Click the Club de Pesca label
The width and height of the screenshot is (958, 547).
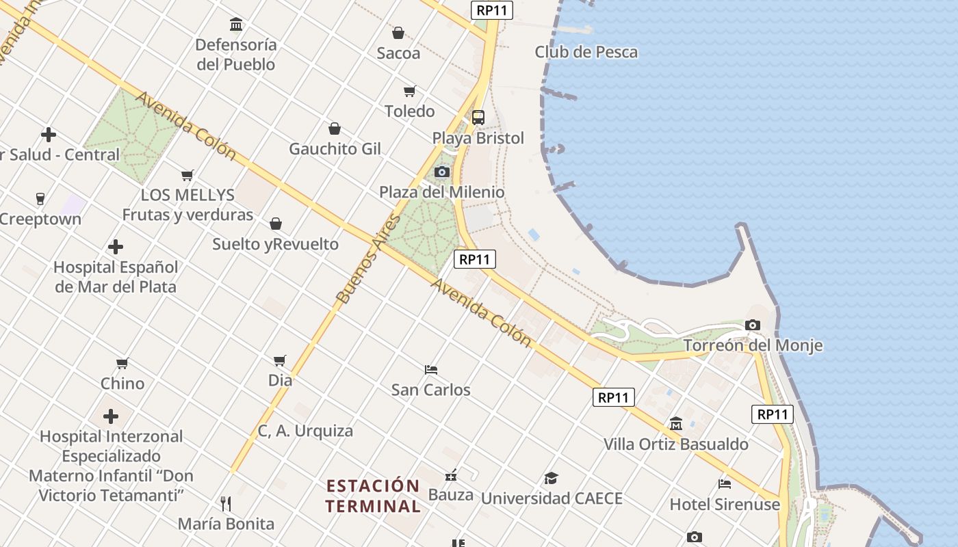click(586, 52)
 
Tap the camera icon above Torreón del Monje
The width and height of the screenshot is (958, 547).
click(753, 325)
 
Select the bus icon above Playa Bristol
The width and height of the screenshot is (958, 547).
click(478, 117)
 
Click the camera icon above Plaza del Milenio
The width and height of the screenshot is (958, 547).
click(442, 172)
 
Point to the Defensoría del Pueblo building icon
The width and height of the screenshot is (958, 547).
click(236, 25)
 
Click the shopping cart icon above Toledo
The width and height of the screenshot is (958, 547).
click(409, 91)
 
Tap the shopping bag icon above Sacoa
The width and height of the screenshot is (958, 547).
click(398, 32)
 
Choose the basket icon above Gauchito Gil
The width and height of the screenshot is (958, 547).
click(335, 128)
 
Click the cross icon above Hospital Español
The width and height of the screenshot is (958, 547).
click(116, 246)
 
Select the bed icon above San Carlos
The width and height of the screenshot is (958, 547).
click(431, 369)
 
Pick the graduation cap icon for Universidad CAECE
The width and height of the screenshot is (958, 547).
click(551, 478)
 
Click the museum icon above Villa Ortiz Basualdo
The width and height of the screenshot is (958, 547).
click(676, 424)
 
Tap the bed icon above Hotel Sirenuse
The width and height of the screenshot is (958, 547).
click(725, 484)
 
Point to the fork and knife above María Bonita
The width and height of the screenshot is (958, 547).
click(226, 503)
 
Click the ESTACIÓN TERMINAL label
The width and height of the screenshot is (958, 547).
click(373, 496)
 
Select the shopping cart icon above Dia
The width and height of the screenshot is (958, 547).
click(279, 360)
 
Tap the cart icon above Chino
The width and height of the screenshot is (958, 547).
click(122, 363)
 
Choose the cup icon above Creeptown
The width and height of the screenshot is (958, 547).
click(40, 199)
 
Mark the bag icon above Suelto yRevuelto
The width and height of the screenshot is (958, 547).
click(276, 224)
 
